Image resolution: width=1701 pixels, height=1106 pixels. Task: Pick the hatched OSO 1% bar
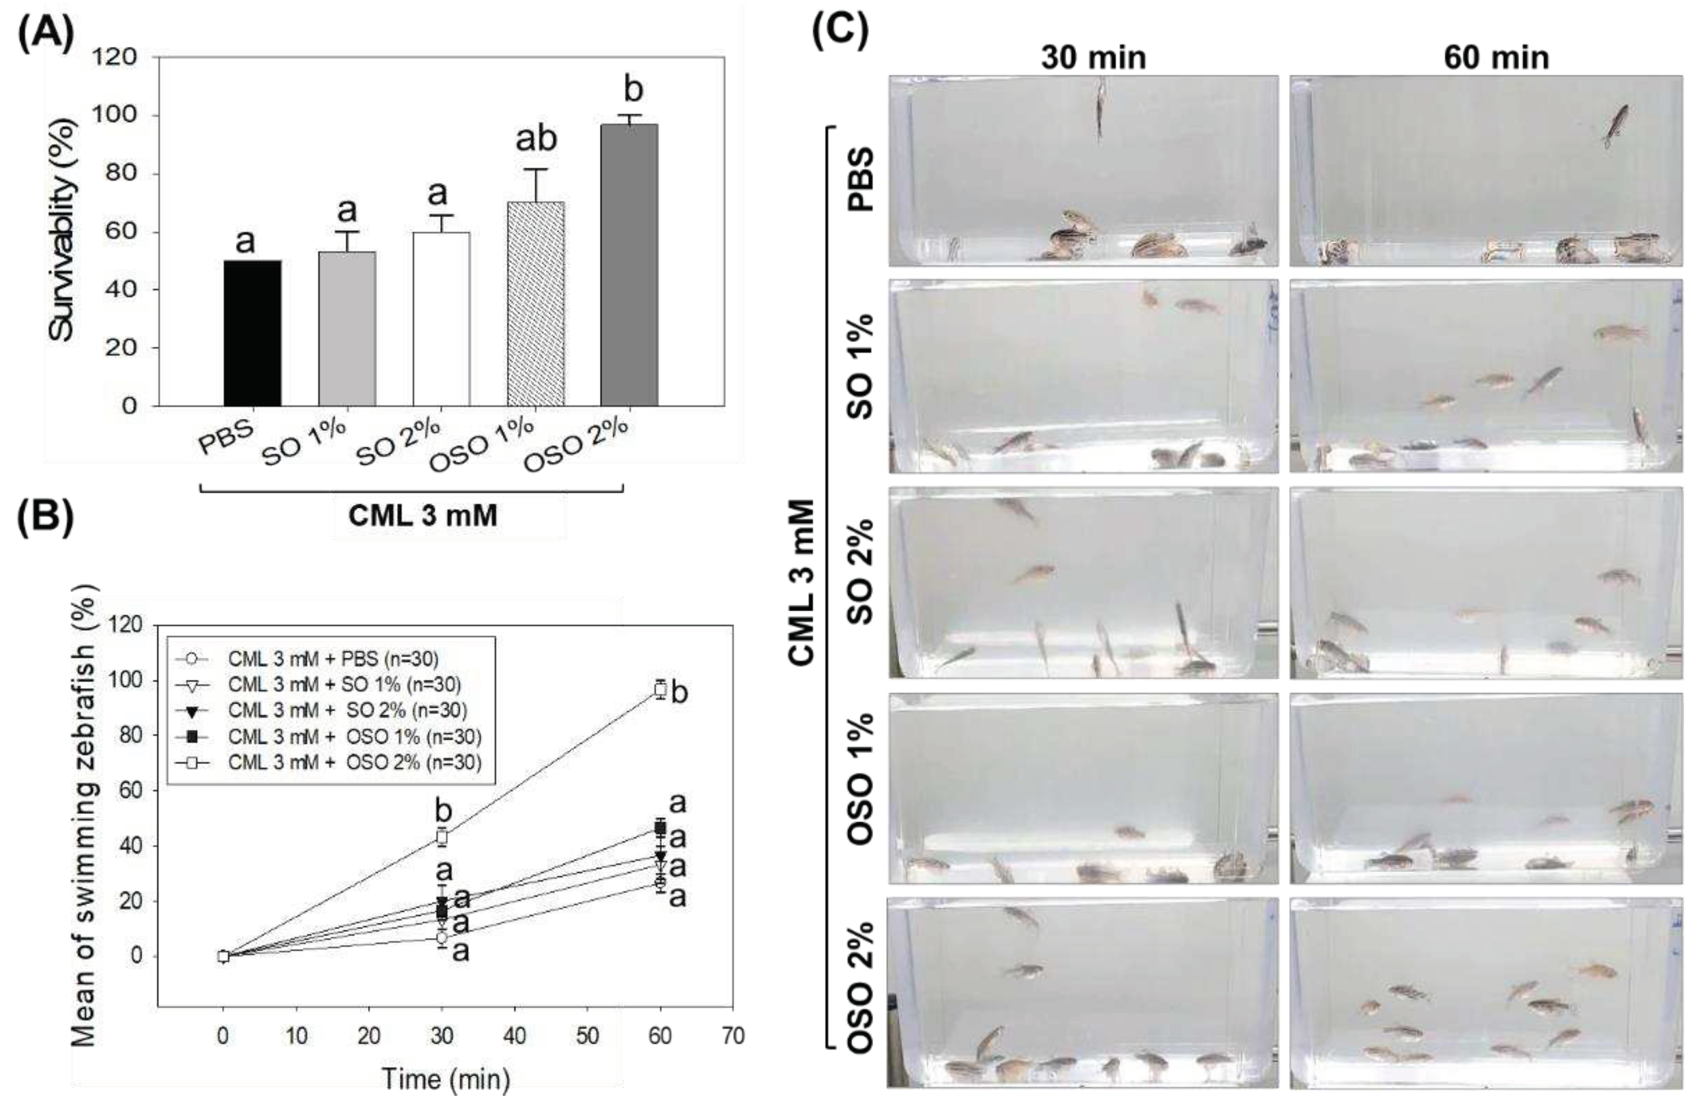tap(535, 304)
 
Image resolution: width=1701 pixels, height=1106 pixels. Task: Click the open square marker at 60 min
tap(660, 690)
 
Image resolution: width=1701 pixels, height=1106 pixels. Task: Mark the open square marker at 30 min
tap(442, 836)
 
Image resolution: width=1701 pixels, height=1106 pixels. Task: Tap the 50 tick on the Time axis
tap(588, 1036)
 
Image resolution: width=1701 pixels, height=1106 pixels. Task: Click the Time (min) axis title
tap(446, 1079)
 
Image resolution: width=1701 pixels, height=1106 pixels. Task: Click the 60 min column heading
tap(1496, 58)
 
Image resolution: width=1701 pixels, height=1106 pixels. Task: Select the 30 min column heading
tap(1093, 58)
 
